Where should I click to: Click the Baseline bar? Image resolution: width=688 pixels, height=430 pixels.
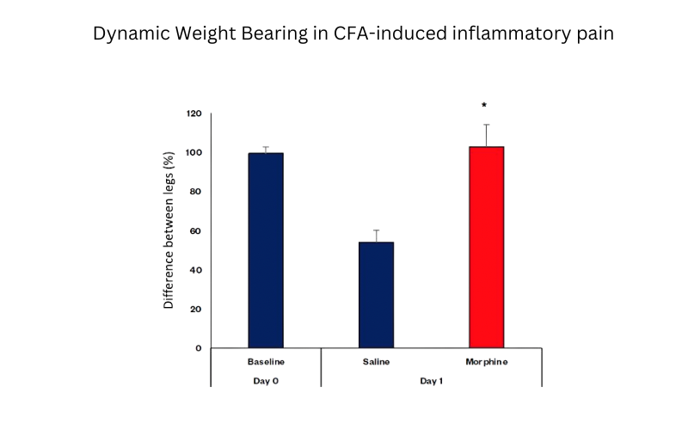(266, 250)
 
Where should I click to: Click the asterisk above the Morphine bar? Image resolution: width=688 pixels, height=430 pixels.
(484, 106)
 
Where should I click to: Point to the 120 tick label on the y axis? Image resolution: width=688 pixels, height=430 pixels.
(194, 114)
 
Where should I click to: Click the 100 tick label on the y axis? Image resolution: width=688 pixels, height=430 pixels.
(194, 152)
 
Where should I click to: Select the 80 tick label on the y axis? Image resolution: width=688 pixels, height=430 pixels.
(197, 192)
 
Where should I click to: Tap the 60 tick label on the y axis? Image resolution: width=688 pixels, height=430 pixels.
(197, 230)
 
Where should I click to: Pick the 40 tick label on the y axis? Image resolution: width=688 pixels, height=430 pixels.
(197, 270)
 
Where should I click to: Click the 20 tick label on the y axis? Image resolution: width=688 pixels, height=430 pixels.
(197, 309)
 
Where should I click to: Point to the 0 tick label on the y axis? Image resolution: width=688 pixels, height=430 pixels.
(200, 348)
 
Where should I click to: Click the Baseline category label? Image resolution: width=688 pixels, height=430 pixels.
(266, 362)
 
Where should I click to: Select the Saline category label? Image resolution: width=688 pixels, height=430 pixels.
(376, 362)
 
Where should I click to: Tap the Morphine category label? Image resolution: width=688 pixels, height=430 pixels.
(486, 362)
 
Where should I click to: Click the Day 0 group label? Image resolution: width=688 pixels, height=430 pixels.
(266, 380)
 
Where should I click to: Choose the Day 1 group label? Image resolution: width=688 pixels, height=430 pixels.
(431, 380)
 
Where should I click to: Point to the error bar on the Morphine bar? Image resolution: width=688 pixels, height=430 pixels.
(487, 135)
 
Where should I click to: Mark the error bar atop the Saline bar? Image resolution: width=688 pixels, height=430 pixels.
(377, 236)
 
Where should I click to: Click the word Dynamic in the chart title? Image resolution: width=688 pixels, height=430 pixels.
(131, 35)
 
